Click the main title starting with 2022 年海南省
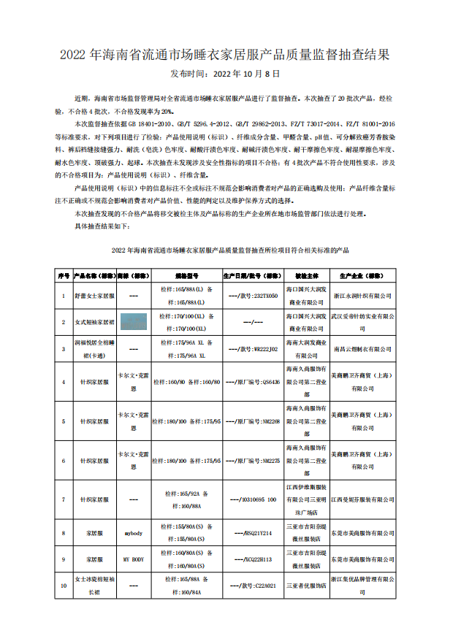pos(230,55)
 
